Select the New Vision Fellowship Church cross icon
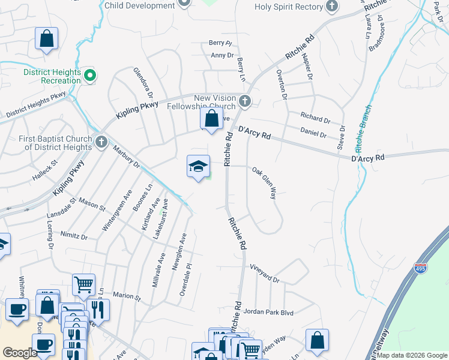244,100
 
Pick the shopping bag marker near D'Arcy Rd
211,118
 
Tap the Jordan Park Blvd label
273,312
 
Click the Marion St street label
126,296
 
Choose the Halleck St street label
45,163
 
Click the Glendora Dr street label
143,83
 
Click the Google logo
20,353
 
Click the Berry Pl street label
220,43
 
